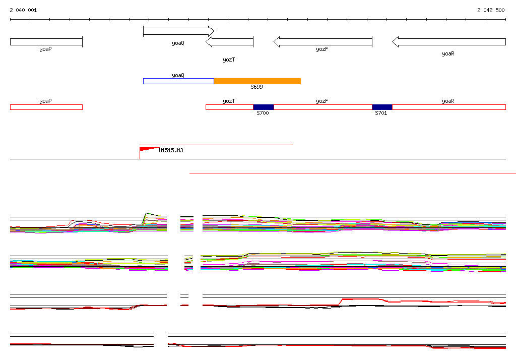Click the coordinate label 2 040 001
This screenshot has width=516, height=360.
click(x=23, y=10)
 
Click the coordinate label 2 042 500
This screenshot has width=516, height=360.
click(x=491, y=10)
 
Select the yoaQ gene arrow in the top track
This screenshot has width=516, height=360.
click(x=178, y=31)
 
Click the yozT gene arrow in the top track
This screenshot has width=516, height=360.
click(x=229, y=42)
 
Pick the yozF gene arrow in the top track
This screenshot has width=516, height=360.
click(x=322, y=42)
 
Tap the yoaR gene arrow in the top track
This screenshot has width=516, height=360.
click(x=448, y=42)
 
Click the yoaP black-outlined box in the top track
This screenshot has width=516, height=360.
click(x=46, y=42)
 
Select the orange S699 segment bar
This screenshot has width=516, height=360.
click(x=257, y=81)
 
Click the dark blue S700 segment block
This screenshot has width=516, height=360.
click(x=263, y=107)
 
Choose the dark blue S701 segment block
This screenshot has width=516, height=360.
click(x=382, y=107)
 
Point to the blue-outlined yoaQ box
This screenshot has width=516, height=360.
click(x=178, y=81)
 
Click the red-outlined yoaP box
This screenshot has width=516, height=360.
click(x=46, y=107)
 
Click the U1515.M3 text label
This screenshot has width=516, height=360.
click(x=171, y=150)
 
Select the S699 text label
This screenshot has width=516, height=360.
click(x=256, y=87)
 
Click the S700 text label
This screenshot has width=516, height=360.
click(x=263, y=113)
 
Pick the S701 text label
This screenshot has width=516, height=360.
click(x=381, y=113)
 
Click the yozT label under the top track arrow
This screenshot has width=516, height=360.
click(x=229, y=59)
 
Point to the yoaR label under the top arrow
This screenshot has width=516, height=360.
click(x=448, y=53)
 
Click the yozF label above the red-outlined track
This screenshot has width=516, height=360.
click(x=322, y=101)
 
